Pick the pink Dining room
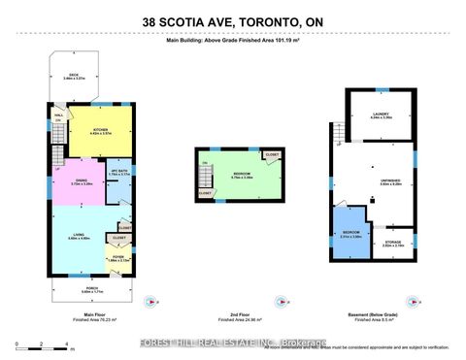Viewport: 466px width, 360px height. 81,183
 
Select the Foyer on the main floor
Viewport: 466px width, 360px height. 117,259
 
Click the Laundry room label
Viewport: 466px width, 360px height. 382,115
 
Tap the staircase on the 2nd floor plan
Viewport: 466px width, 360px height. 206,177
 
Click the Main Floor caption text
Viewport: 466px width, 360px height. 95,314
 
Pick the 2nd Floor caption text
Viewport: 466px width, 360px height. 233,314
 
